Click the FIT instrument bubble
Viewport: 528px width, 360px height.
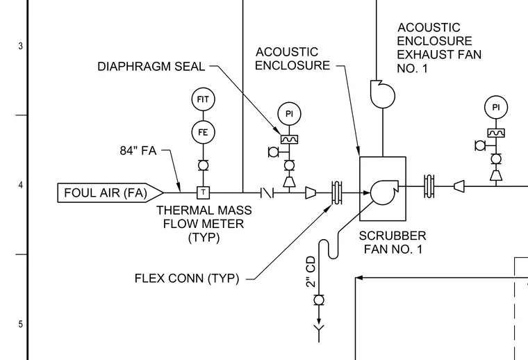pyautogui.click(x=203, y=99)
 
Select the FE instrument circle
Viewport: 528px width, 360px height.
pyautogui.click(x=203, y=132)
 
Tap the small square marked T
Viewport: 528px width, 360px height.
pyautogui.click(x=203, y=193)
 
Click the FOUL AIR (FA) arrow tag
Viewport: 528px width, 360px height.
pyautogui.click(x=110, y=193)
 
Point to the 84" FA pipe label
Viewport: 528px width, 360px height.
pyautogui.click(x=138, y=151)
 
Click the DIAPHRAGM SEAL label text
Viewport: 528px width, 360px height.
pyautogui.click(x=151, y=66)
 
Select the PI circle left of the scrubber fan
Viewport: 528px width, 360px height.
pyautogui.click(x=289, y=114)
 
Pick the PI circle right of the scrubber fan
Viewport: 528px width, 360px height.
pyautogui.click(x=496, y=108)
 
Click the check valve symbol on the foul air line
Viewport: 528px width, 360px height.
pyautogui.click(x=267, y=193)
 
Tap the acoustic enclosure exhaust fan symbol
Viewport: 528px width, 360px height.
pyautogui.click(x=383, y=94)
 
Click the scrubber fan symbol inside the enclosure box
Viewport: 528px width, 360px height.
pyautogui.click(x=384, y=193)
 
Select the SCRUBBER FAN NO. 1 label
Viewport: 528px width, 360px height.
pyautogui.click(x=393, y=243)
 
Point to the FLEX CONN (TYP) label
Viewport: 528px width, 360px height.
pyautogui.click(x=187, y=279)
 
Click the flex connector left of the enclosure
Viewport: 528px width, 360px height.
pyautogui.click(x=337, y=193)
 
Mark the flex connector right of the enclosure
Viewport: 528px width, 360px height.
pyautogui.click(x=429, y=186)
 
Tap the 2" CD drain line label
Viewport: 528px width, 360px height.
pyautogui.click(x=311, y=272)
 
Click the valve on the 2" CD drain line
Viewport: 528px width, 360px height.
pyautogui.click(x=319, y=300)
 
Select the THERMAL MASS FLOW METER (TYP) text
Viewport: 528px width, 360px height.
pyautogui.click(x=204, y=224)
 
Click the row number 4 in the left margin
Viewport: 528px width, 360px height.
pyautogui.click(x=21, y=186)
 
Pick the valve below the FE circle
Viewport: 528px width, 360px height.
pyautogui.click(x=203, y=165)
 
